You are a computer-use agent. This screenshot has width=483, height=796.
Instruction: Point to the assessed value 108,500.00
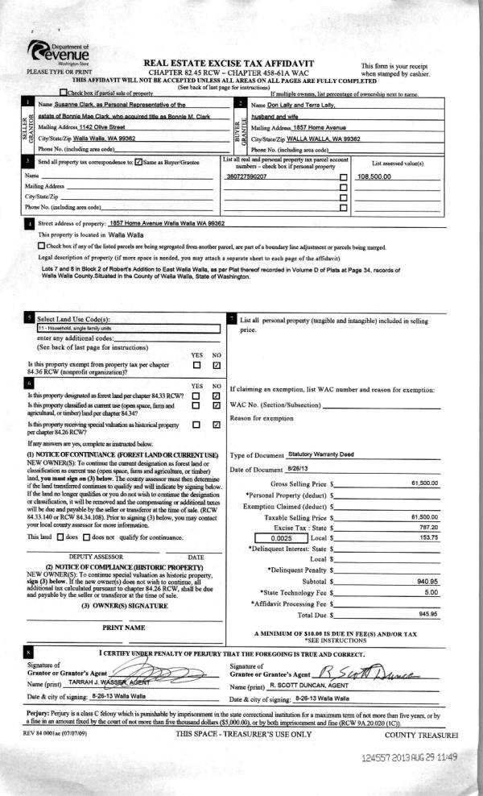(x=374, y=176)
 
